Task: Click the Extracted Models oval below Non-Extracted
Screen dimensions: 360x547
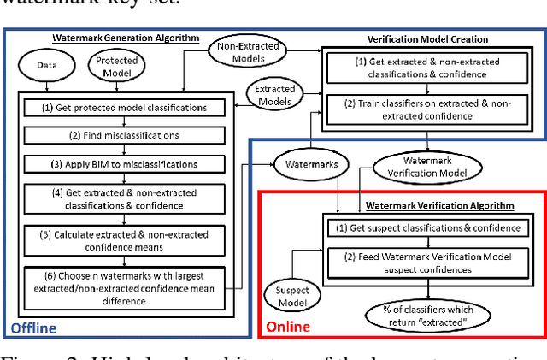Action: pyautogui.click(x=274, y=94)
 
